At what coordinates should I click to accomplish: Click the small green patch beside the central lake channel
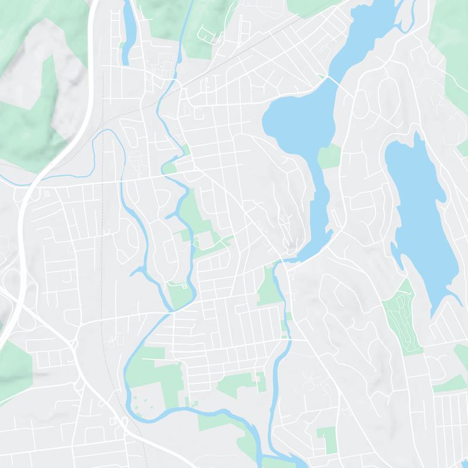point(329,157)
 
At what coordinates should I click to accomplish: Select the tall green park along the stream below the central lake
point(269,287)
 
